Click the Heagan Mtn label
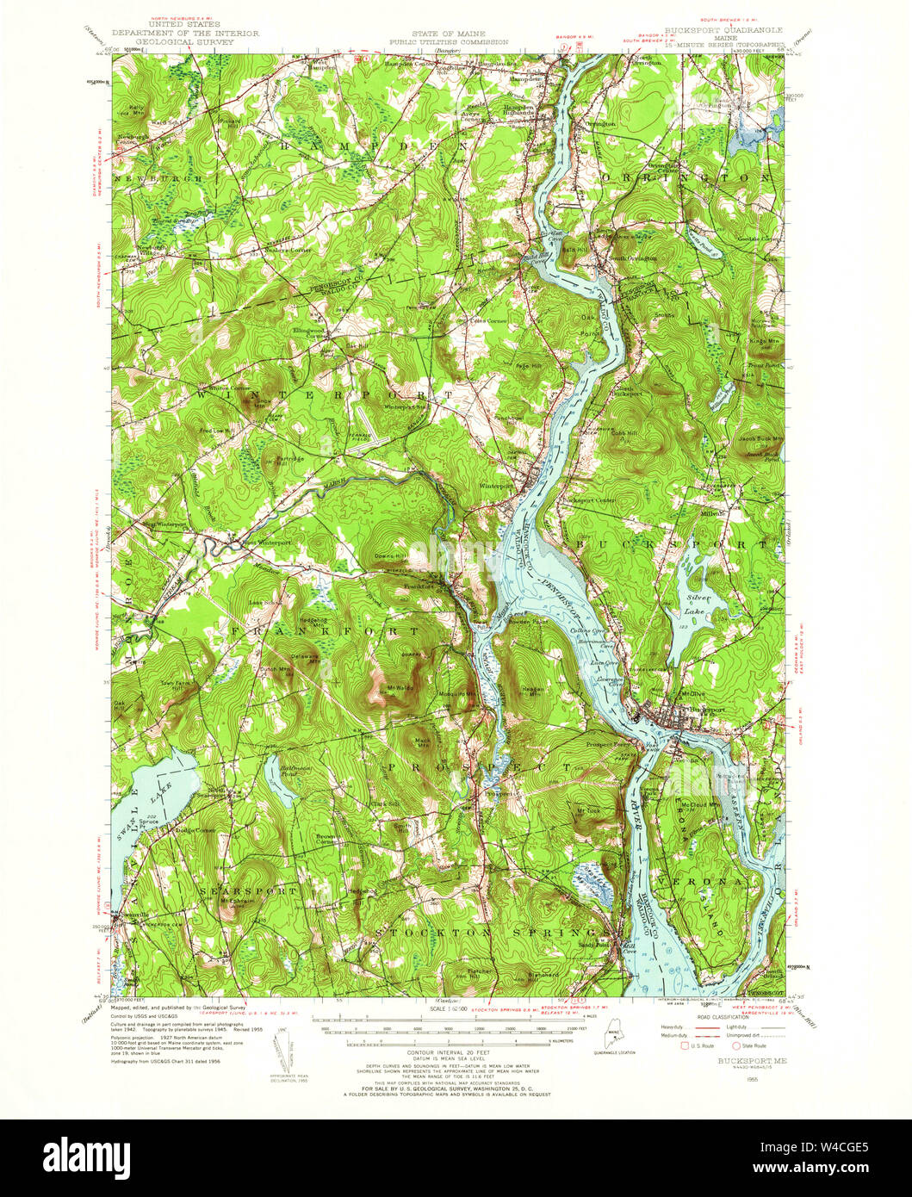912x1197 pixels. click(x=534, y=690)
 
